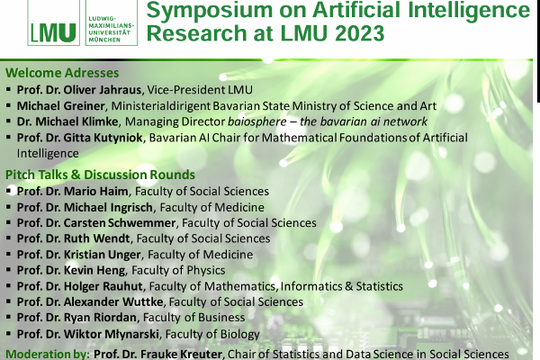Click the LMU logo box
(x=53, y=22)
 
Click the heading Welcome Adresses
(x=62, y=73)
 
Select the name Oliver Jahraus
(x=103, y=90)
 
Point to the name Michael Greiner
(x=60, y=106)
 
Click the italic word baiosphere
(x=256, y=121)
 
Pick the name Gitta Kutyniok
(x=103, y=138)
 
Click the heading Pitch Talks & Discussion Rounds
(x=100, y=175)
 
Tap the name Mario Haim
(x=95, y=191)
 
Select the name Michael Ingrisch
(x=108, y=207)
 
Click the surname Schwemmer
(x=142, y=223)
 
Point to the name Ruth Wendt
(x=97, y=238)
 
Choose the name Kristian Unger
(x=103, y=255)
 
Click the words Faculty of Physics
(x=178, y=270)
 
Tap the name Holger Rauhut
(x=103, y=286)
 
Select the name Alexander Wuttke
(x=113, y=301)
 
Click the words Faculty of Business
(x=193, y=318)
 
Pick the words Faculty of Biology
(x=212, y=334)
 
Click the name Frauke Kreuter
(x=182, y=354)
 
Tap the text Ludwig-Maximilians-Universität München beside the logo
(x=111, y=30)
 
